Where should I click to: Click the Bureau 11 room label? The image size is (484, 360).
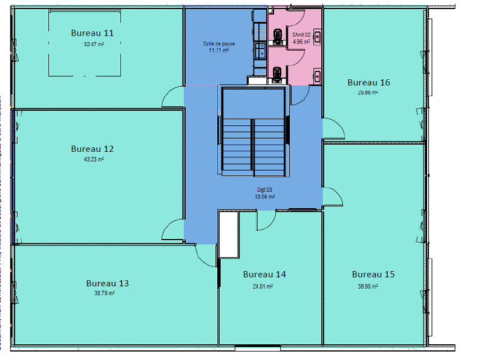pos(92,33)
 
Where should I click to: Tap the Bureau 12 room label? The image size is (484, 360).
pos(92,148)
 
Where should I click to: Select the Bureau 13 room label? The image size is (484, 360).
pos(107,283)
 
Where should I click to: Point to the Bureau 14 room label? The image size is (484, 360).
pos(264,274)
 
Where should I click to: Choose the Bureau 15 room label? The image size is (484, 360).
pos(373,274)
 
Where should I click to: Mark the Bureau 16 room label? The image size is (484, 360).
pos(368,82)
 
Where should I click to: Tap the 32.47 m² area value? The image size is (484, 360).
pos(94,44)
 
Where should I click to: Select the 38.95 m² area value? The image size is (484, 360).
pos(368,286)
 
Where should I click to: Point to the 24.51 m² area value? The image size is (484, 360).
pos(262,286)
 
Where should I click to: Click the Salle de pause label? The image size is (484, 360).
pos(218,44)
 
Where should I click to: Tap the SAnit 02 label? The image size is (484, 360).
pos(301,36)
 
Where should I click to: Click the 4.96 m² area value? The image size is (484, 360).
pos(301,42)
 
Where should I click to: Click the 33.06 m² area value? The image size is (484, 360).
pos(265,197)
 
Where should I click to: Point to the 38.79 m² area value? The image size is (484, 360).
pos(105,293)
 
